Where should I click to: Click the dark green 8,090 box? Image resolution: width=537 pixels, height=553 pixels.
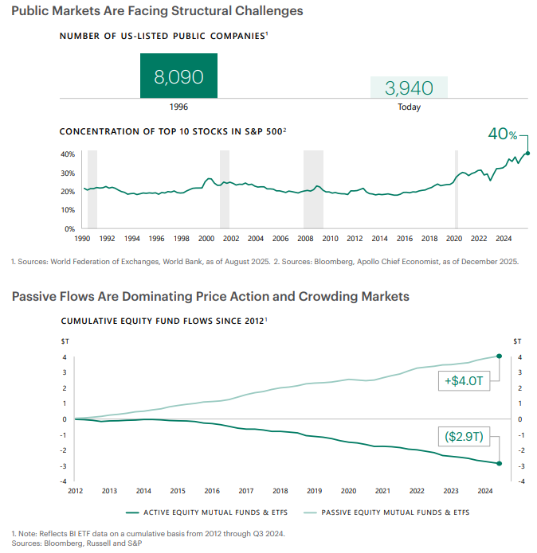[x=178, y=76]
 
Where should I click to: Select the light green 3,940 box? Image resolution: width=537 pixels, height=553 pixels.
[x=409, y=88]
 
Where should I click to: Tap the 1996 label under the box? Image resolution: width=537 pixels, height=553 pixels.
[x=178, y=107]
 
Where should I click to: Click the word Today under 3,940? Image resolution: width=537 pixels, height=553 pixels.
[x=409, y=107]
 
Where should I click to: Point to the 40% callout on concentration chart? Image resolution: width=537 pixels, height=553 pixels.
[x=503, y=134]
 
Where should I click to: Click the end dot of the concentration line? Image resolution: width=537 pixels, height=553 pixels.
[x=528, y=154]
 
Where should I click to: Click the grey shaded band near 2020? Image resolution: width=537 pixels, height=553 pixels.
[x=457, y=189]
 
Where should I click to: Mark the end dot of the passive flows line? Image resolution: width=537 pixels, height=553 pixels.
[x=499, y=356]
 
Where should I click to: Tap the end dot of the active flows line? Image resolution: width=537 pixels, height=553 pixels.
[x=499, y=463]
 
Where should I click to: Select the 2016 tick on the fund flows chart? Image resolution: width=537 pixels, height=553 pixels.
[x=211, y=491]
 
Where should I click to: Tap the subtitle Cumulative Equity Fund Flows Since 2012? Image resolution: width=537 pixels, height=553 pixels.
[x=163, y=321]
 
